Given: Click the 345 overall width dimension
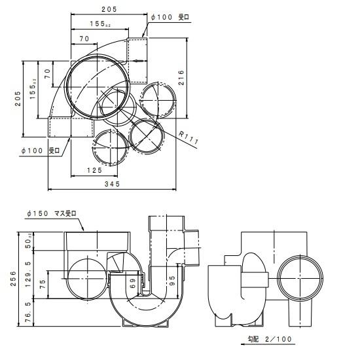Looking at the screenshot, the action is point(113,184).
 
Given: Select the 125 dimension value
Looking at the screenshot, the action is point(94,170).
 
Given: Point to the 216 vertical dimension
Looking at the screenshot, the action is point(181,78).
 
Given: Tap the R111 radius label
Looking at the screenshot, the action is point(189,137).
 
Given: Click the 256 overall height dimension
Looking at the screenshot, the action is point(13,278).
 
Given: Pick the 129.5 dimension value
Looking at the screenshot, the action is point(28,274).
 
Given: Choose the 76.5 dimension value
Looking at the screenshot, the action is point(28,312).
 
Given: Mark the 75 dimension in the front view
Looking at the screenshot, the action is point(43,284).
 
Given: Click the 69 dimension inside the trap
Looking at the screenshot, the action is point(133,284).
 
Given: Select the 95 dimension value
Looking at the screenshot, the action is point(172,281).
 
